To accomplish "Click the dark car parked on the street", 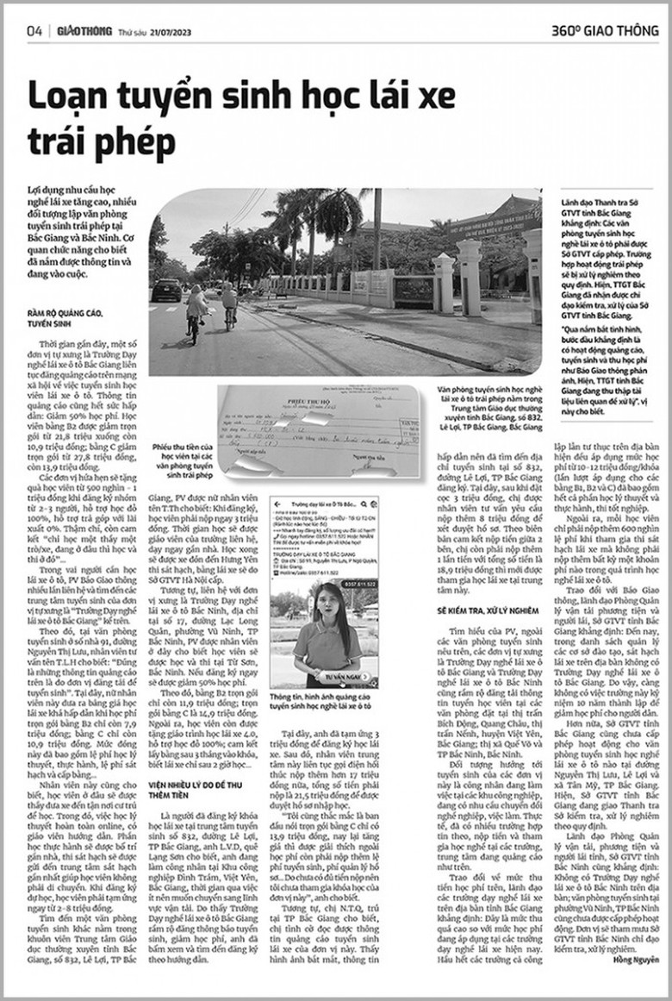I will [166, 290].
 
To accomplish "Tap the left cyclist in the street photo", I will [197, 310].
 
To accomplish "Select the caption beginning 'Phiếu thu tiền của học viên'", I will [183, 461].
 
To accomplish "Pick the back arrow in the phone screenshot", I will [279, 504].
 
